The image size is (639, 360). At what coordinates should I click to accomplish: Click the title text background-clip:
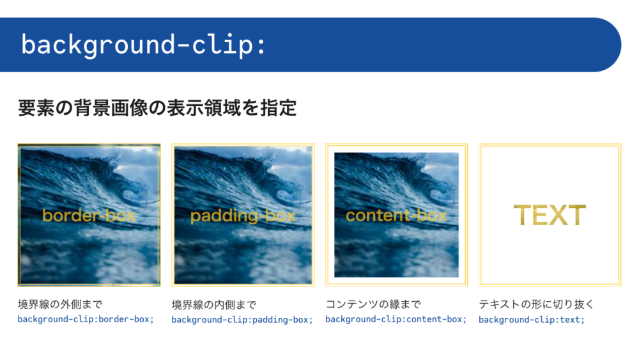point(143,45)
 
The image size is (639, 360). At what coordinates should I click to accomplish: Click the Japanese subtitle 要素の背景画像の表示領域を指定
point(157,108)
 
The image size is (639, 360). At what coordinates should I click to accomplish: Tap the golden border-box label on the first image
point(89,215)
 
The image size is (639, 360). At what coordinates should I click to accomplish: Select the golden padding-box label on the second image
point(243,216)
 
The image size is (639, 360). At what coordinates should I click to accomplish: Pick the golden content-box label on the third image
point(397,215)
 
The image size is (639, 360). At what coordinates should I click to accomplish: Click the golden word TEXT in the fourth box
point(550,215)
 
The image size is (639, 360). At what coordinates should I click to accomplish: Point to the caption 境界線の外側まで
point(60,304)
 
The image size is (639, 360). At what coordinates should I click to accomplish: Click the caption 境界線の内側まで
point(214,304)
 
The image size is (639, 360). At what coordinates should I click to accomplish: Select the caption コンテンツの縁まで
point(373,304)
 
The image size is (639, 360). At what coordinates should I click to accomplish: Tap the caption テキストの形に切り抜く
point(536,304)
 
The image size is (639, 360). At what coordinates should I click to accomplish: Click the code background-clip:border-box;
point(86,319)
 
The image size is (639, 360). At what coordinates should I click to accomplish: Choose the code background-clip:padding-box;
point(242,320)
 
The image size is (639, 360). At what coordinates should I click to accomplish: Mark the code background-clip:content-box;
point(396,319)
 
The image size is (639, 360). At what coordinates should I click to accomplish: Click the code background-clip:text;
point(532,320)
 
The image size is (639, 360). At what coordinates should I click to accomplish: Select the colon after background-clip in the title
point(261,45)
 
